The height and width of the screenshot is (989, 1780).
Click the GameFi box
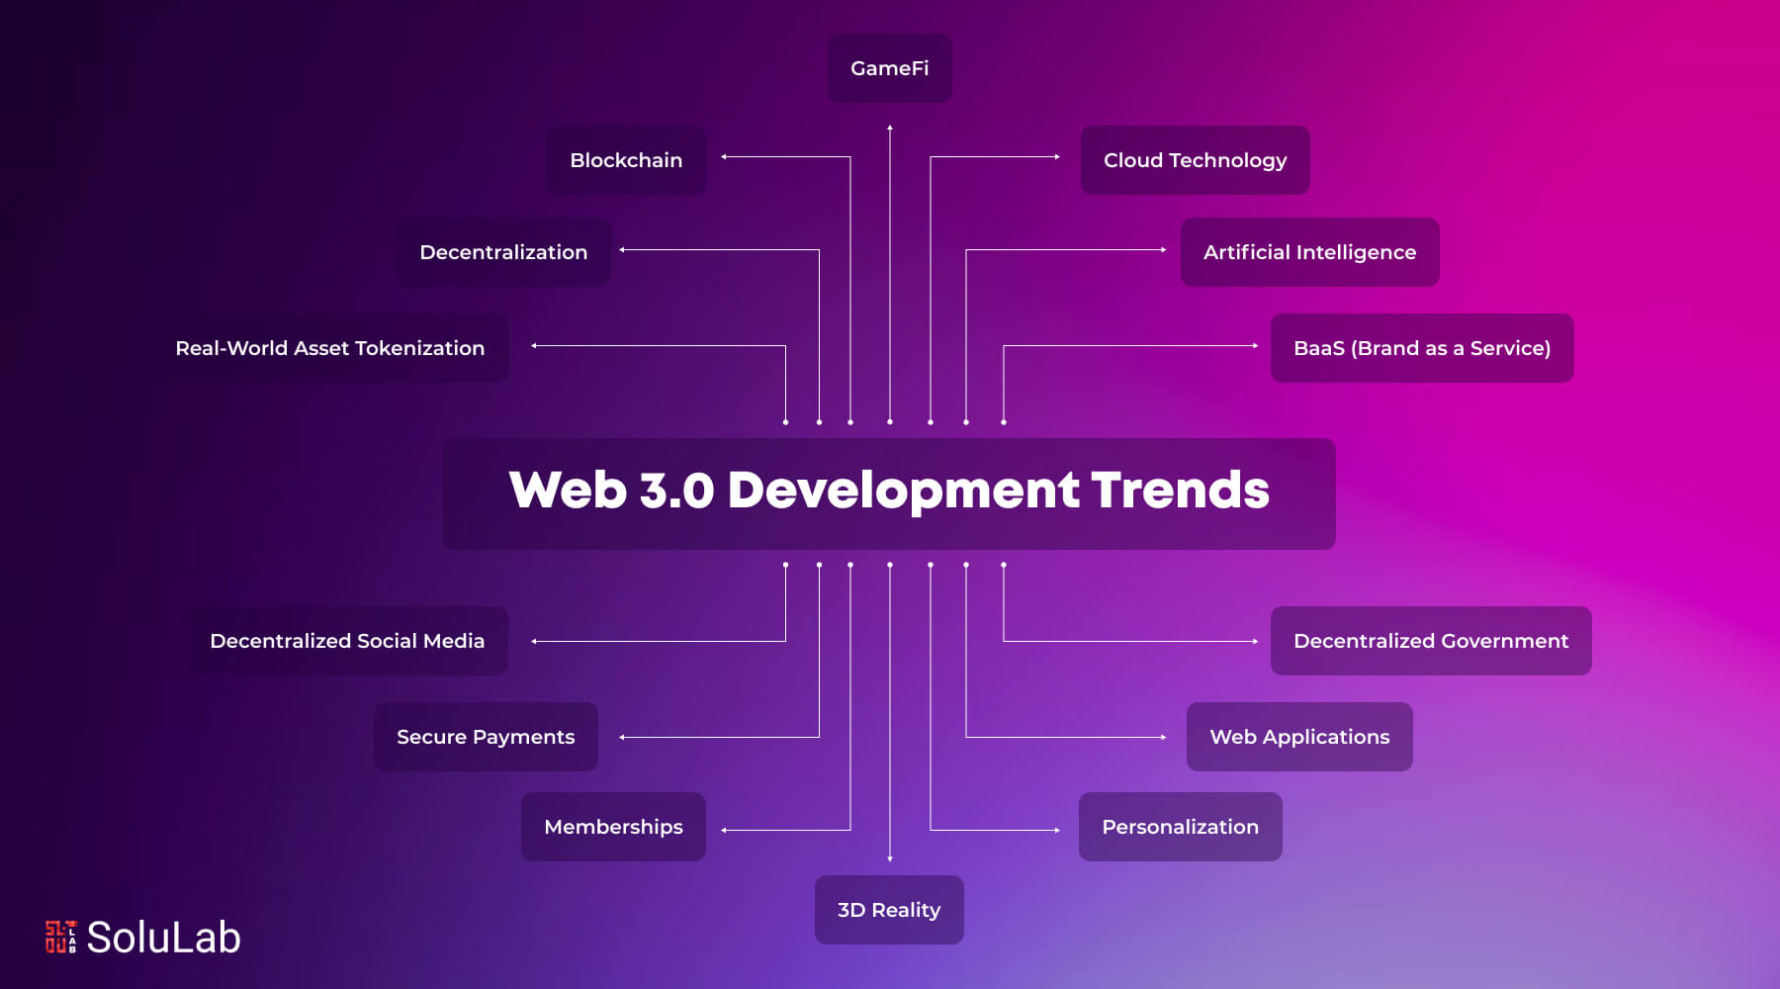(x=889, y=68)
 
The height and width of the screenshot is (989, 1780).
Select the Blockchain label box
(x=626, y=160)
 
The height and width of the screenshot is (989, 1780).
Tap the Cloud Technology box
(x=1195, y=160)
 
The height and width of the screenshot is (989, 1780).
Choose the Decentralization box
(x=503, y=252)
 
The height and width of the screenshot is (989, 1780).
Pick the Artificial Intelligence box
(x=1309, y=252)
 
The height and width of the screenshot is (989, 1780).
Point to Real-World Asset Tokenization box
(x=330, y=348)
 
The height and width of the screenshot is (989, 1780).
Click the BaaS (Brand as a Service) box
(x=1421, y=348)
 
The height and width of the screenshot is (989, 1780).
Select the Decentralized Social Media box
(x=347, y=641)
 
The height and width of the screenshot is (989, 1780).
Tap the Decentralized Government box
(x=1430, y=641)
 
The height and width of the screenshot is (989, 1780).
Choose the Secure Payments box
(x=486, y=737)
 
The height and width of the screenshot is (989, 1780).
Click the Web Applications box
(x=1299, y=737)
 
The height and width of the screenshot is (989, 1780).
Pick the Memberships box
(x=613, y=827)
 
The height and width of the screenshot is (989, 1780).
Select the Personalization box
(x=1180, y=827)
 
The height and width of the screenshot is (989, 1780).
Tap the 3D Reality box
(x=889, y=910)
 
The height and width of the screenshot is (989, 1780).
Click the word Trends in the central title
(x=1180, y=491)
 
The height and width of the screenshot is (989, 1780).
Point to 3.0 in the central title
(x=676, y=491)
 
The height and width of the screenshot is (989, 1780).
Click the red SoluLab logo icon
(x=60, y=937)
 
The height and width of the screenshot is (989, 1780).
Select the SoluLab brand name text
(x=164, y=938)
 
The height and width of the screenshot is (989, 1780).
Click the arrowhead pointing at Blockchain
(x=725, y=157)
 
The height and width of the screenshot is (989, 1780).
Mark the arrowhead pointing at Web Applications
(x=1163, y=737)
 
